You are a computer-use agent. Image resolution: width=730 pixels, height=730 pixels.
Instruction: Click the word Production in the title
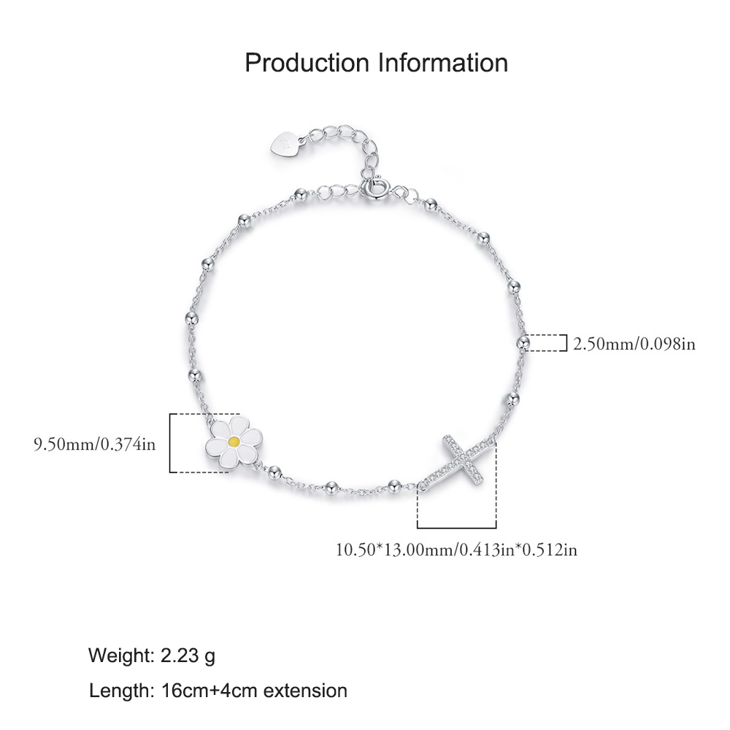click(x=307, y=63)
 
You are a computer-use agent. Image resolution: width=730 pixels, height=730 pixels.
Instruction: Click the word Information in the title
click(x=443, y=63)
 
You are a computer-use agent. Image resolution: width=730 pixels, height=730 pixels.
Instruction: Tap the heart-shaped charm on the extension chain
click(x=285, y=144)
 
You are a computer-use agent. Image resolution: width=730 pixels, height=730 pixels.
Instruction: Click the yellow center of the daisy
click(x=234, y=442)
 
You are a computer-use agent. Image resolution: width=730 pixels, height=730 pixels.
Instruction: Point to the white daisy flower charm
click(x=234, y=442)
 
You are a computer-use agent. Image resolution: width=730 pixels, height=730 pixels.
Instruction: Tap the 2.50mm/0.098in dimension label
click(x=634, y=344)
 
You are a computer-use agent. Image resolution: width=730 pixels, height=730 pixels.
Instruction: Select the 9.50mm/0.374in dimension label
click(x=94, y=444)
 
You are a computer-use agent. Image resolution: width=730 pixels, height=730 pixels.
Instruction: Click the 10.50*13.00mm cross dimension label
click(x=457, y=550)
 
